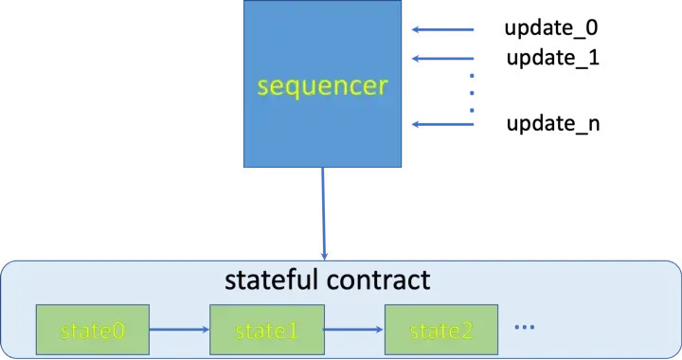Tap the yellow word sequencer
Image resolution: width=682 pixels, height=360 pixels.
pyautogui.click(x=323, y=87)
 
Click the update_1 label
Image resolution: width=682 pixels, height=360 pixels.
pyautogui.click(x=552, y=58)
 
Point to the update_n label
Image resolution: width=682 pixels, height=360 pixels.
pyautogui.click(x=552, y=124)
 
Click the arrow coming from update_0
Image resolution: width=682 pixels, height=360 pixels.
pyautogui.click(x=443, y=28)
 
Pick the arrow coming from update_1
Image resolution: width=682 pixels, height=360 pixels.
pyautogui.click(x=443, y=59)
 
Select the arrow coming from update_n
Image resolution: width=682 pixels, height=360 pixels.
pyautogui.click(x=443, y=124)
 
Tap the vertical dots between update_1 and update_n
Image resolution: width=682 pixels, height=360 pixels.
pyautogui.click(x=474, y=92)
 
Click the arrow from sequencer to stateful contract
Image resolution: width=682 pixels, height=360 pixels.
pyautogui.click(x=324, y=213)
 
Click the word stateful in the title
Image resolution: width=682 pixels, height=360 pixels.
pyautogui.click(x=267, y=280)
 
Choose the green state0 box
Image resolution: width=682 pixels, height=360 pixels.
pyautogui.click(x=92, y=331)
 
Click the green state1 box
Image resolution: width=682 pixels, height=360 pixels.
pyautogui.click(x=267, y=331)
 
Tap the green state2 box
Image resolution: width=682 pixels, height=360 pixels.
pyautogui.click(x=441, y=331)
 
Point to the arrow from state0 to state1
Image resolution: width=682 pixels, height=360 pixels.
pyautogui.click(x=179, y=331)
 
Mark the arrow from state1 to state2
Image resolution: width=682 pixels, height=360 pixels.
pyautogui.click(x=354, y=331)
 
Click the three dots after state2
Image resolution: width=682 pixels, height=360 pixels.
pyautogui.click(x=524, y=327)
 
